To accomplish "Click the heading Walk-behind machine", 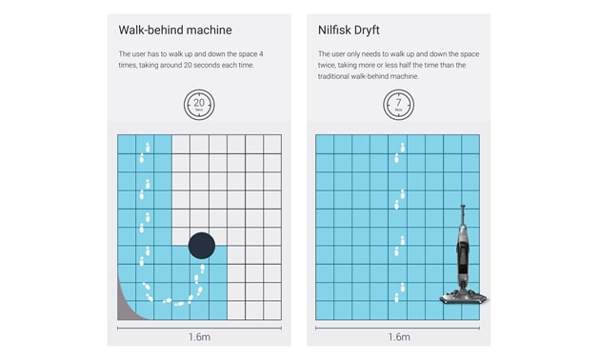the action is point(175,30).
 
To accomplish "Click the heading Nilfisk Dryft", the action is point(349,30).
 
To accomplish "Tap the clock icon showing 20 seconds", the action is point(199,105).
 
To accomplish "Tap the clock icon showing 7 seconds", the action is point(398,105).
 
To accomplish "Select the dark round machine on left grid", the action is point(202,246).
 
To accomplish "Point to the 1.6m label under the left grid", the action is point(199,337).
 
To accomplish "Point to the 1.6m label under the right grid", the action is point(399,337).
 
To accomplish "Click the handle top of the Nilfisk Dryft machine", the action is point(463,208).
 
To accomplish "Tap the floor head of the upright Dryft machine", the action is point(464,297).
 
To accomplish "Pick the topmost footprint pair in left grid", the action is point(145,152).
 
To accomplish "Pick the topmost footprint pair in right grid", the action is point(399,152).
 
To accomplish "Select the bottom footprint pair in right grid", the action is point(399,292).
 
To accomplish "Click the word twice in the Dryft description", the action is point(326,65).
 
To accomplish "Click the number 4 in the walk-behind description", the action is point(261,54).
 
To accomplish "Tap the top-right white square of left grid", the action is point(272,144).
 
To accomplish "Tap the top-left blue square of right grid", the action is point(325,144).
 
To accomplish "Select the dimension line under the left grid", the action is point(199,328).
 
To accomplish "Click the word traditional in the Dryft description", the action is point(333,76).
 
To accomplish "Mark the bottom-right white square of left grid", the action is point(272,310).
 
